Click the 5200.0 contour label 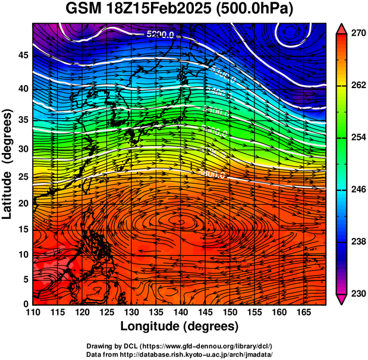coord(160,35)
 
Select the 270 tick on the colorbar coord(357,33)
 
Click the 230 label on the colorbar coord(357,293)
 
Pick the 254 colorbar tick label coord(357,137)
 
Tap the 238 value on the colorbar coord(357,242)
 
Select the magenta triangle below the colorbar coord(342,299)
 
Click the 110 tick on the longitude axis coord(33,312)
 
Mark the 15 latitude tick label coord(23,230)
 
